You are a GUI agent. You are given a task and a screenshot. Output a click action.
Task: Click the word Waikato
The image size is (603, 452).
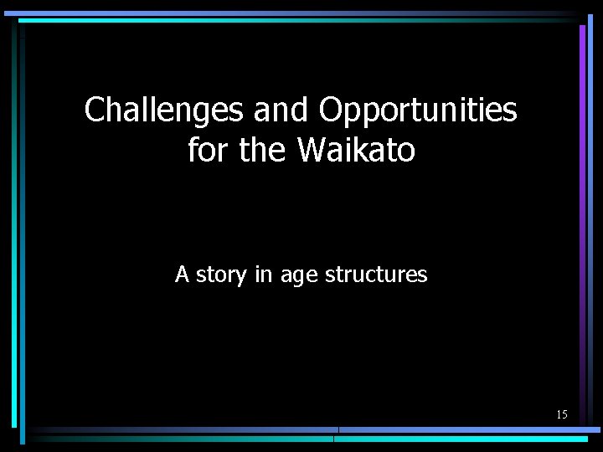click(356, 151)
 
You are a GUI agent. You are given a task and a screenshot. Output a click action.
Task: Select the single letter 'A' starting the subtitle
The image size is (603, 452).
click(182, 274)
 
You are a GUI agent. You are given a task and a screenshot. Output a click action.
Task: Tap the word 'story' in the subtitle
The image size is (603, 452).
click(222, 275)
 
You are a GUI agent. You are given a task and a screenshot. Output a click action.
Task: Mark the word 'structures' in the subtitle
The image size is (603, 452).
click(376, 274)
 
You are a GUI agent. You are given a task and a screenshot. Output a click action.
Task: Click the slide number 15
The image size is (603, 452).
click(561, 414)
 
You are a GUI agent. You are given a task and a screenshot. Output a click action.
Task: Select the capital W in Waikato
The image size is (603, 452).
click(311, 151)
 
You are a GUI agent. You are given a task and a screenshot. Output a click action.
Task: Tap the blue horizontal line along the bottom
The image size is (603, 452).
click(469, 430)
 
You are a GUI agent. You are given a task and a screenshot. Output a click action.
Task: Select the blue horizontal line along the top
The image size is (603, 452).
click(293, 13)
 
